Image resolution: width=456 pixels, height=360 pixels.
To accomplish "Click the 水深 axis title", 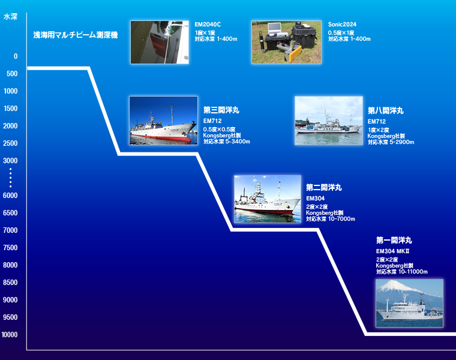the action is click(10, 17).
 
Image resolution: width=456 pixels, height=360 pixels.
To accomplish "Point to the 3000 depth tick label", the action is click(10, 161).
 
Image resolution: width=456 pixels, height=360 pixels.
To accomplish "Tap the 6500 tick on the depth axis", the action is click(10, 213).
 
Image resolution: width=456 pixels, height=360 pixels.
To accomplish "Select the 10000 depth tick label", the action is click(10, 335).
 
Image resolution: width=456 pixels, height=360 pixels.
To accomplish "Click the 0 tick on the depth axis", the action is click(16, 56).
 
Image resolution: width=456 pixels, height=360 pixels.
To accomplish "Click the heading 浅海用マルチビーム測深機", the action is click(76, 35).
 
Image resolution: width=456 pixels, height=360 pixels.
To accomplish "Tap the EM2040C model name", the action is click(208, 25).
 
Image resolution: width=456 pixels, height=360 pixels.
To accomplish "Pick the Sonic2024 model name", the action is click(342, 25).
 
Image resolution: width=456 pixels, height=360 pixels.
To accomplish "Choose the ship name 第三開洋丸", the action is click(221, 110).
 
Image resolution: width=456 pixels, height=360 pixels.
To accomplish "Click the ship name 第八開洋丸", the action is click(386, 110).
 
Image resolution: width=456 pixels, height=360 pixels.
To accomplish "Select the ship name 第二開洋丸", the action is click(324, 188).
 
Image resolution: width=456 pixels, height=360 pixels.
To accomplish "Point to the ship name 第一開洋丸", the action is click(394, 240).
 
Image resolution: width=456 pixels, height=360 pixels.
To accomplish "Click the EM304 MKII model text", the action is click(392, 251).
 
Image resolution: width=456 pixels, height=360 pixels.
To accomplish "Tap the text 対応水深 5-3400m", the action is click(227, 142).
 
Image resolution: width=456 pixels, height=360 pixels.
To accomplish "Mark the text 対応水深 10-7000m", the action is click(331, 219).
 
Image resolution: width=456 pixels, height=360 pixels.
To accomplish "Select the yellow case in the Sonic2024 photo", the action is click(293, 54).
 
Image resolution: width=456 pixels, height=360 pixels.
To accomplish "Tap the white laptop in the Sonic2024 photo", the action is click(275, 28).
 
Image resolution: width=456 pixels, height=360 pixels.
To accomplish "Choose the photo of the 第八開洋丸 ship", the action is click(329, 121).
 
